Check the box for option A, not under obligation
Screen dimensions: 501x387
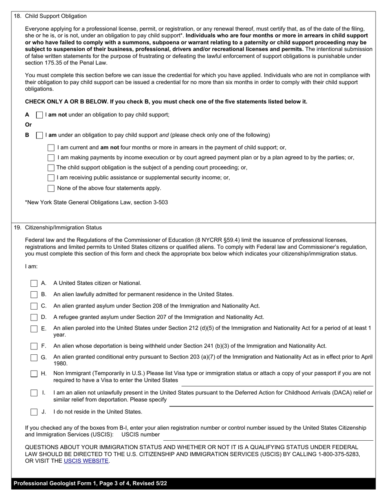point(40,115)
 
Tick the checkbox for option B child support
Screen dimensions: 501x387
point(40,135)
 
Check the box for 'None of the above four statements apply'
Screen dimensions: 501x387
point(51,188)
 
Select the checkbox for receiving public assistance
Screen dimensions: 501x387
point(51,178)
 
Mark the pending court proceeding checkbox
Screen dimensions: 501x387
point(51,167)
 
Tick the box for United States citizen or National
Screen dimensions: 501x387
point(34,283)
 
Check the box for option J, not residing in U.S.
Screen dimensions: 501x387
point(34,412)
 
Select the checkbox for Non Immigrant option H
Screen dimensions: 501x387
point(34,374)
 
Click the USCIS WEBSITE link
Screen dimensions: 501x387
point(86,461)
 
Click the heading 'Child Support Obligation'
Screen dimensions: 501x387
point(56,16)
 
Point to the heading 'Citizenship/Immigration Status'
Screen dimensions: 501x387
point(64,228)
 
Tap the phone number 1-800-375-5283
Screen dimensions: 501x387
point(338,454)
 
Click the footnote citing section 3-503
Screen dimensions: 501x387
point(97,202)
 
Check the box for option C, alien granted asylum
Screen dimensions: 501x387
point(34,306)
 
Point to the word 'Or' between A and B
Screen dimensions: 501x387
point(29,125)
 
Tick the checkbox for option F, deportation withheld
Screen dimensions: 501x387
point(34,346)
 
